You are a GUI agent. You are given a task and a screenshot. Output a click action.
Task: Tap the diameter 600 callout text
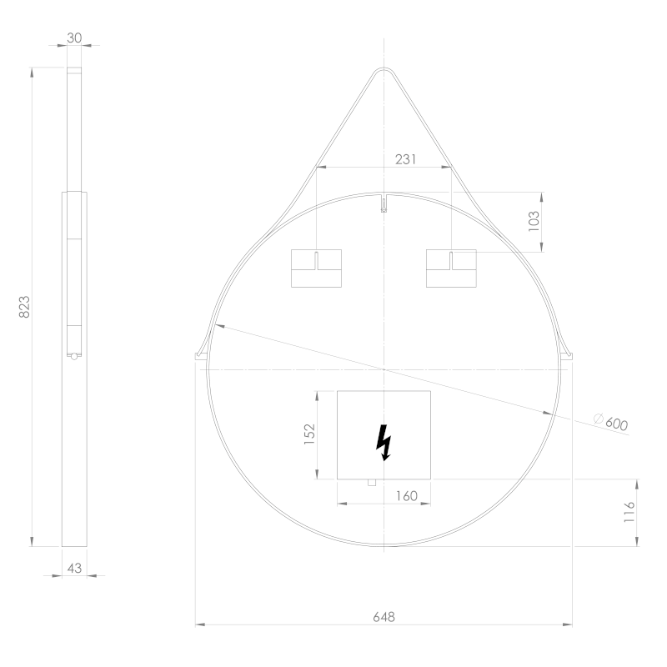615,424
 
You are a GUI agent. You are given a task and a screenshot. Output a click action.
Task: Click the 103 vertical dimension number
534,221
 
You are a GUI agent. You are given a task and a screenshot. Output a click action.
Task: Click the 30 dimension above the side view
75,38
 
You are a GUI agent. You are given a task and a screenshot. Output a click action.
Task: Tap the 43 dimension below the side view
74,567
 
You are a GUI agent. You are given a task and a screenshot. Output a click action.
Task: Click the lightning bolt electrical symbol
384,442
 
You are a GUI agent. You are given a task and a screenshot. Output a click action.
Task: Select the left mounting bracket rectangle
316,268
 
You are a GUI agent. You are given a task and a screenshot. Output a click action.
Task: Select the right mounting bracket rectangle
451,268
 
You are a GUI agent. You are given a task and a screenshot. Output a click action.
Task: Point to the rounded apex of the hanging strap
384,70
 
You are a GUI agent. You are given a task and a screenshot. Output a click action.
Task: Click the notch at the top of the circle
384,203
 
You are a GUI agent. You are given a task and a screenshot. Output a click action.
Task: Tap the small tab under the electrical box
372,482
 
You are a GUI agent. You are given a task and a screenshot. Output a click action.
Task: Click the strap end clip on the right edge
569,355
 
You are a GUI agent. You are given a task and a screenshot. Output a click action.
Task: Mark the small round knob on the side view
74,356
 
